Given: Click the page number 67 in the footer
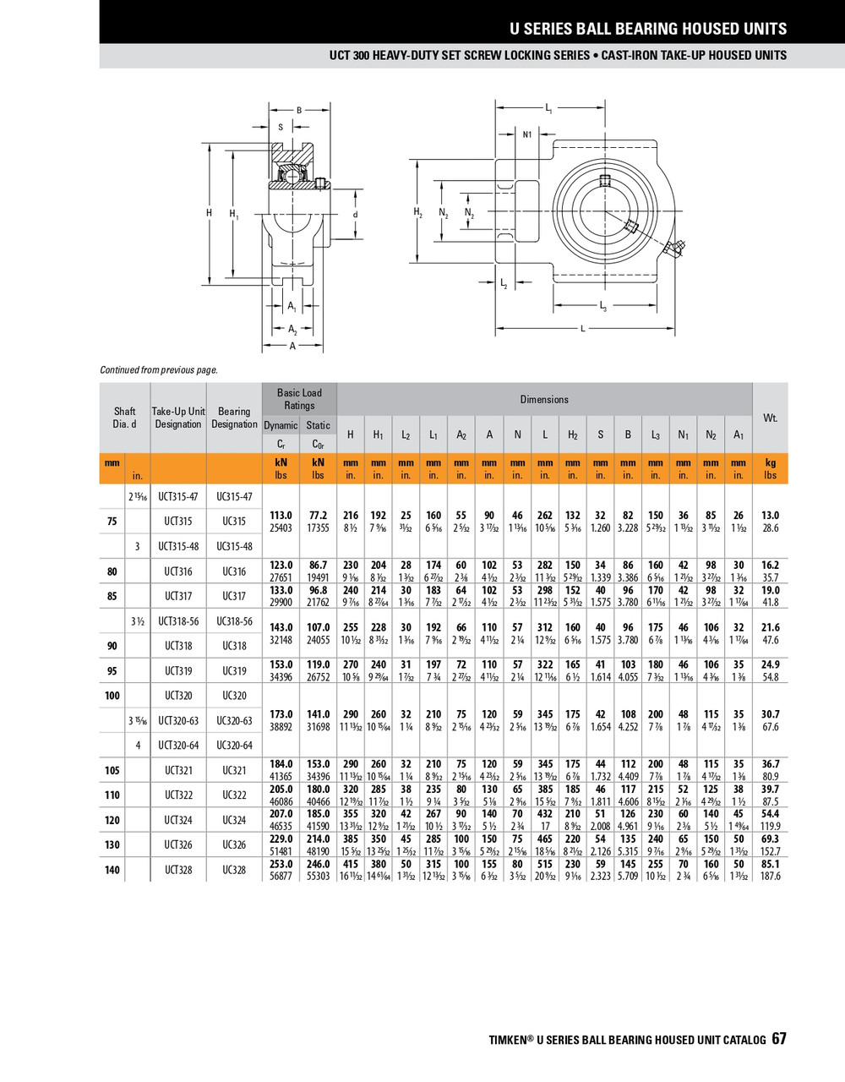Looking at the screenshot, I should click(778, 1039).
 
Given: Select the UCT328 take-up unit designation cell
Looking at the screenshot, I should click(178, 870).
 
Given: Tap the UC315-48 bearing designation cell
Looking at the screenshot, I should click(234, 546).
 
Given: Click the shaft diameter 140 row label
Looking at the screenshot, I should click(112, 870).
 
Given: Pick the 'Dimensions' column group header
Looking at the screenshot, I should click(544, 399).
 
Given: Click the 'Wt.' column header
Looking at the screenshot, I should click(770, 418).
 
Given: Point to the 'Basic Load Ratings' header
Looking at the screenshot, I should click(299, 399).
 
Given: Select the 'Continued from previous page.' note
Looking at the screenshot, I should click(159, 369).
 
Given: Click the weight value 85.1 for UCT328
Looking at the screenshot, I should click(770, 864).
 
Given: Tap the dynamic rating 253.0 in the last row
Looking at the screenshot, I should click(281, 864).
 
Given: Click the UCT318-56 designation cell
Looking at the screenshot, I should click(178, 621).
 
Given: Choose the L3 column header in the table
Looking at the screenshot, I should click(656, 435).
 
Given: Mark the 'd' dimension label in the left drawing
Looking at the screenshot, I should click(356, 215).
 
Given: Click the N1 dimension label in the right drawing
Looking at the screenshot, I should click(527, 134).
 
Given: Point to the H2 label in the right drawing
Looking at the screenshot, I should click(417, 212).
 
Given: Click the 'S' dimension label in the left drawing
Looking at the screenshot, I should click(281, 128).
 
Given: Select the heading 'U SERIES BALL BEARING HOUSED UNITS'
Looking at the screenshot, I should click(647, 29).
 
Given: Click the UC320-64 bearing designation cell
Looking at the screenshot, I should click(234, 746).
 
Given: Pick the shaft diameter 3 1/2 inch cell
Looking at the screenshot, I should click(137, 621).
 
